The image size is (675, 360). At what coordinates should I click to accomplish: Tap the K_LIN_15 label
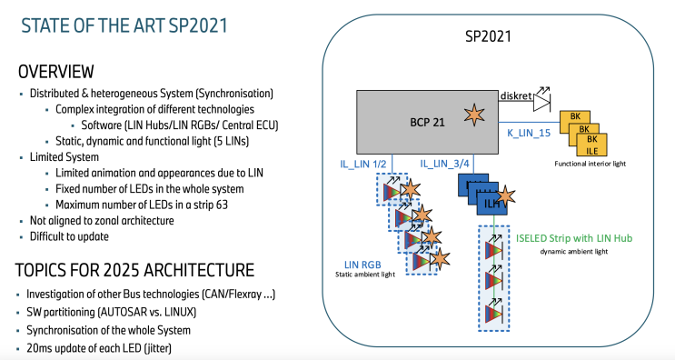pyautogui.click(x=530, y=133)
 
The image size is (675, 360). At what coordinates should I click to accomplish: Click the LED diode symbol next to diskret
pyautogui.click(x=543, y=103)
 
